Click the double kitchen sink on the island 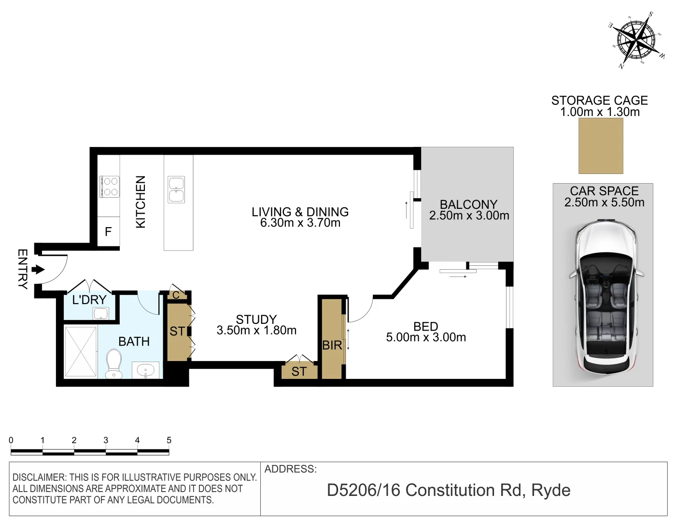pyautogui.click(x=176, y=189)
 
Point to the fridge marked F pyautogui.click(x=108, y=232)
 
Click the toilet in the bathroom pyautogui.click(x=114, y=364)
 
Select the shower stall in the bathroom pyautogui.click(x=81, y=352)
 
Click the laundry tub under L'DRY pyautogui.click(x=101, y=314)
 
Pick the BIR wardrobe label pyautogui.click(x=332, y=345)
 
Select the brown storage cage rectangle pyautogui.click(x=601, y=145)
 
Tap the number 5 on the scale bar pyautogui.click(x=169, y=440)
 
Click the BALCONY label pyautogui.click(x=468, y=204)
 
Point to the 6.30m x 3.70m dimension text pyautogui.click(x=300, y=223)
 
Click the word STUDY pyautogui.click(x=256, y=319)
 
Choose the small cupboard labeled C pyautogui.click(x=176, y=295)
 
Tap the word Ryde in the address pyautogui.click(x=550, y=490)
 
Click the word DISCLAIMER pyautogui.click(x=38, y=478)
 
